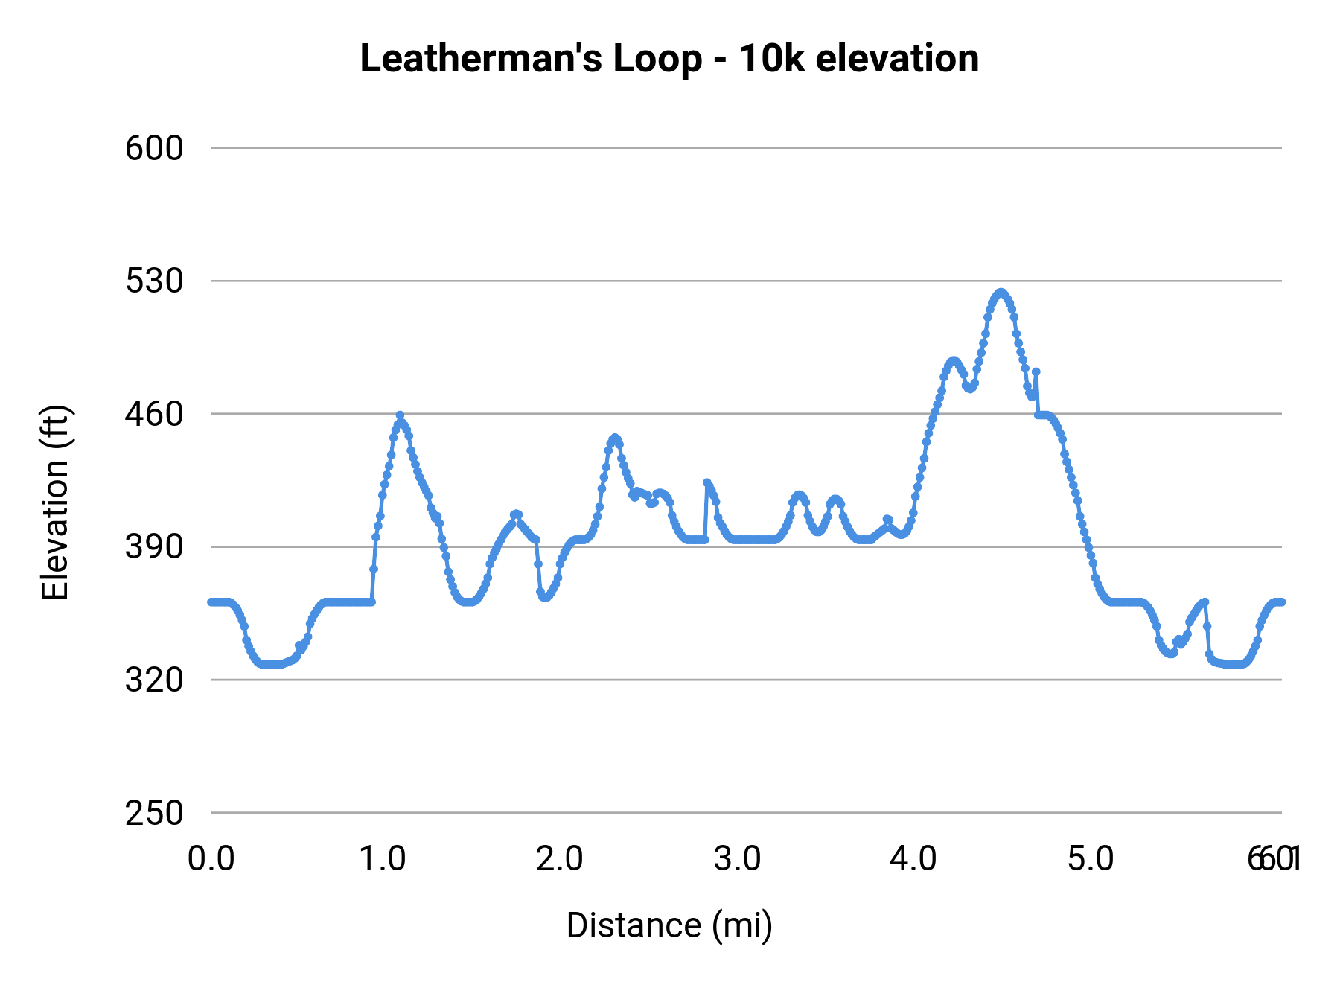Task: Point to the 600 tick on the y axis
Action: click(154, 148)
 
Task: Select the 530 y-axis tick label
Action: click(154, 281)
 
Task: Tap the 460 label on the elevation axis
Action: click(154, 414)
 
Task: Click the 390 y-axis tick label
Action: click(154, 547)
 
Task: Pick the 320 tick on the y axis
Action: click(154, 680)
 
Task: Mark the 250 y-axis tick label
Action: click(154, 813)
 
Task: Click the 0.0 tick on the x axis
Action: click(211, 859)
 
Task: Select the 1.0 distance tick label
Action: click(383, 859)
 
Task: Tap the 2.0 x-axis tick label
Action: click(560, 859)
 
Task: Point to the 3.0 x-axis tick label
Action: click(737, 859)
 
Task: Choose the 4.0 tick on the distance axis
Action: click(913, 859)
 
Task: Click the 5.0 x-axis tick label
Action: click(1091, 859)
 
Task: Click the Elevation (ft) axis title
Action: click(55, 502)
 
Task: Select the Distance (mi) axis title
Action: click(669, 925)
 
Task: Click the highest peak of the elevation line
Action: click(1001, 293)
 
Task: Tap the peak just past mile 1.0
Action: click(400, 415)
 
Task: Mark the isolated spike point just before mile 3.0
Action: click(706, 482)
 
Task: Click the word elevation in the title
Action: click(897, 60)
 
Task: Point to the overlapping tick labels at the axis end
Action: click(1274, 859)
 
